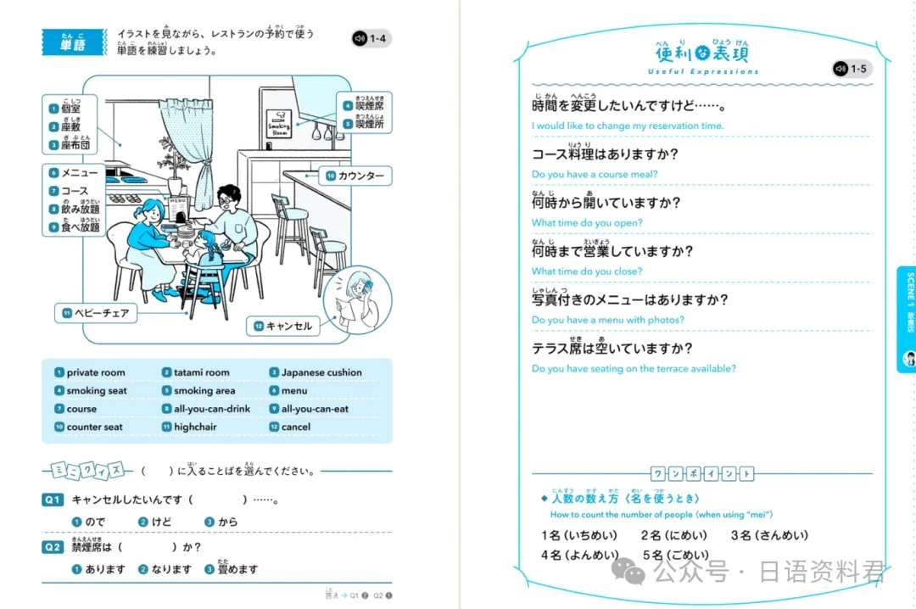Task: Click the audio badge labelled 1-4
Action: [x=371, y=38]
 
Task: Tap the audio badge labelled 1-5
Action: [x=851, y=69]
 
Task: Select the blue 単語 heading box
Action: [x=72, y=42]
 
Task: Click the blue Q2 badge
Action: [x=53, y=547]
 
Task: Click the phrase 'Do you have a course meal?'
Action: [x=595, y=175]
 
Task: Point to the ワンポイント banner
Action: [x=701, y=473]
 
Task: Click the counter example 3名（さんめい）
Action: [x=768, y=535]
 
